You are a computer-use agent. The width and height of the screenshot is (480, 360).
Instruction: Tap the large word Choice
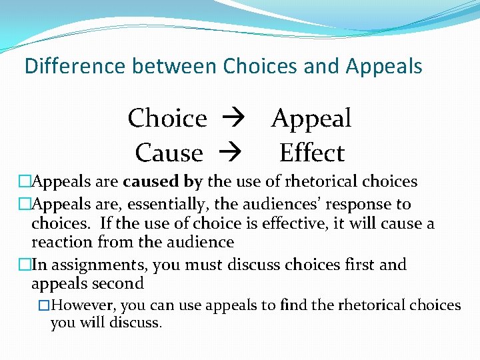pos(167,118)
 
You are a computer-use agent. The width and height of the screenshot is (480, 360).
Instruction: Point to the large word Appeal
pos(311,118)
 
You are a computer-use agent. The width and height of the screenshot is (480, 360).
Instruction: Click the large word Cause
pos(169,153)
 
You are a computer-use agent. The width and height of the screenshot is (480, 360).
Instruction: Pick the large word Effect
pos(311,153)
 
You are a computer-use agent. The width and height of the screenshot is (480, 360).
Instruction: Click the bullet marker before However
pos(44,306)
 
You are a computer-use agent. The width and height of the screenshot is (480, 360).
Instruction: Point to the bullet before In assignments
pos(25,265)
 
